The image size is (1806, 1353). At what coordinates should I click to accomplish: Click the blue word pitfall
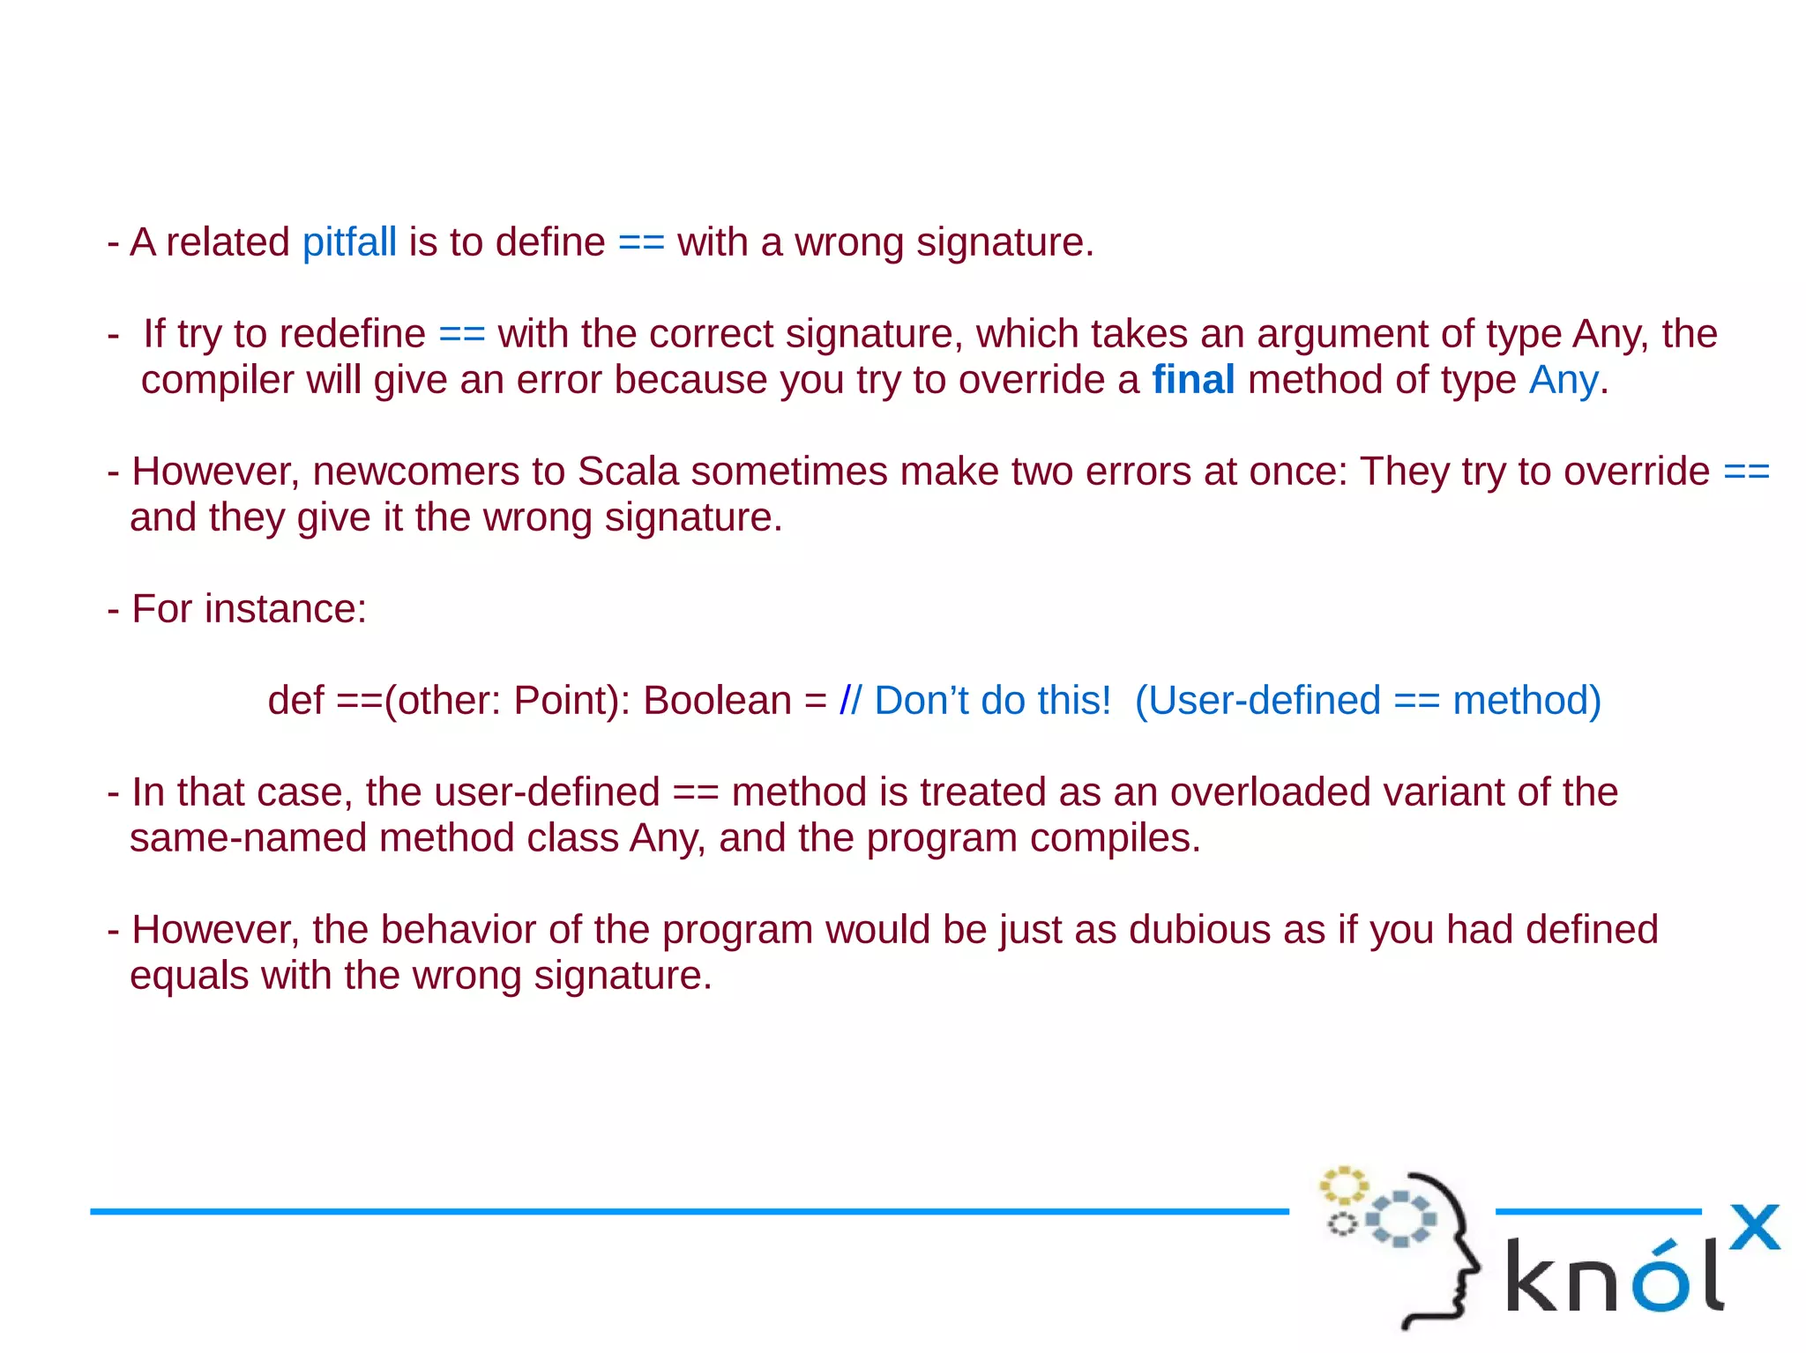pyautogui.click(x=349, y=242)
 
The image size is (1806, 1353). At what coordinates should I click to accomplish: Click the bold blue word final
pyautogui.click(x=1193, y=380)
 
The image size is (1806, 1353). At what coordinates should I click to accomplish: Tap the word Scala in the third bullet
pyautogui.click(x=627, y=472)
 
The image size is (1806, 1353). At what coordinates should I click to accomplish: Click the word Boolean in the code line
pyautogui.click(x=717, y=701)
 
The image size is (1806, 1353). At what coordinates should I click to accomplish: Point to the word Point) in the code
pyautogui.click(x=571, y=701)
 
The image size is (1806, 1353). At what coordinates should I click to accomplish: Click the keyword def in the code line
pyautogui.click(x=295, y=701)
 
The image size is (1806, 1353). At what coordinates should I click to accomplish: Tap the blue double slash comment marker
pyautogui.click(x=850, y=701)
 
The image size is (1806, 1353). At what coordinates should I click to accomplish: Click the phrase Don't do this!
pyautogui.click(x=993, y=701)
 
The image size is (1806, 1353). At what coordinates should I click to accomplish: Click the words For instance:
pyautogui.click(x=249, y=609)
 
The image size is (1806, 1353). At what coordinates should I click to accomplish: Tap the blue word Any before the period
pyautogui.click(x=1563, y=380)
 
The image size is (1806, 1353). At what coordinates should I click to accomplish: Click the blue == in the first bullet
pyautogui.click(x=641, y=242)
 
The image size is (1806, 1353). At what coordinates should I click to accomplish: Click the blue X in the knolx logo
pyautogui.click(x=1754, y=1228)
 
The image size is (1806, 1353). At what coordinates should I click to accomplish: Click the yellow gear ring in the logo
pyautogui.click(x=1342, y=1186)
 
